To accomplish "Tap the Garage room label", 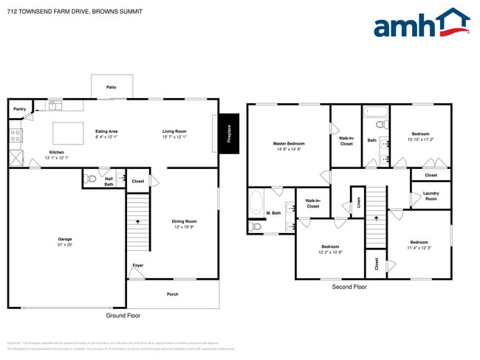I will point(65,238).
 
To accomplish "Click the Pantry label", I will point(19,108).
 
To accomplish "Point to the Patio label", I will point(111,87).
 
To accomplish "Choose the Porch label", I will point(172,294).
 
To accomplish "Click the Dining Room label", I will point(184,221).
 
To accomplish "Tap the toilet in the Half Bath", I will point(92,179).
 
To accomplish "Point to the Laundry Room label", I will point(431,196).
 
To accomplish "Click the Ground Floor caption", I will point(123,315).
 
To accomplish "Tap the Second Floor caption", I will point(349,286).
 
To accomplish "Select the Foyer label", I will point(138,265).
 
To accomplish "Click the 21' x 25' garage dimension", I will point(65,244).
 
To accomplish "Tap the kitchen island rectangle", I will point(68,133).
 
